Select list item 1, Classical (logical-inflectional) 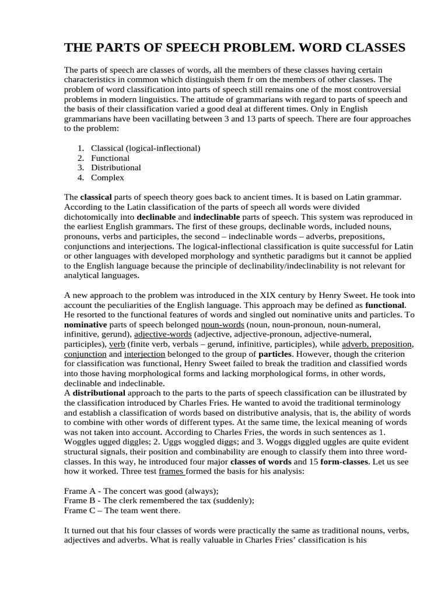point(146,148)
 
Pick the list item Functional point(110,158)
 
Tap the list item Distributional point(116,168)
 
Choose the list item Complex point(107,178)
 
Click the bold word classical point(95,197)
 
